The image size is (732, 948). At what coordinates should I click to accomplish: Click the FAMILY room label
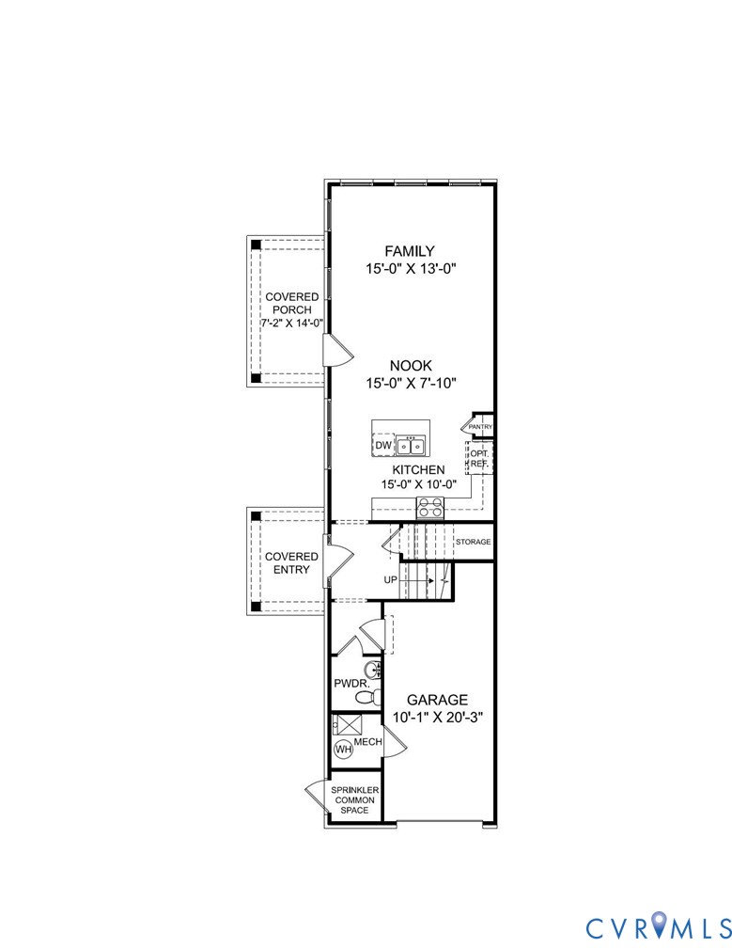pos(409,251)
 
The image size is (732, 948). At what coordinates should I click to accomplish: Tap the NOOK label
pos(410,365)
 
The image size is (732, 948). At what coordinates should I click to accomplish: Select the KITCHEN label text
pos(418,468)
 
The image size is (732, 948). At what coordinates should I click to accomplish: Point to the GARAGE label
pos(437,700)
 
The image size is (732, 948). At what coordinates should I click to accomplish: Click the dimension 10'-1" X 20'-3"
pos(437,718)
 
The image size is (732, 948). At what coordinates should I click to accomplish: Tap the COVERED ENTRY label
pos(290,562)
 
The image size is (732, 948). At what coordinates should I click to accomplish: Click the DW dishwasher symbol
pos(383,445)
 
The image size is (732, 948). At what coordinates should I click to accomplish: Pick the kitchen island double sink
pos(411,445)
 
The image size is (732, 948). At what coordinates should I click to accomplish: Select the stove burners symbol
pos(431,508)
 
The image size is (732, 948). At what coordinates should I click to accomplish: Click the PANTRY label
pos(480,427)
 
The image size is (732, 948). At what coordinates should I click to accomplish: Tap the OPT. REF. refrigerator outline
pos(478,458)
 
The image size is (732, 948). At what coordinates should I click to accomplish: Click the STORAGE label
pos(473,543)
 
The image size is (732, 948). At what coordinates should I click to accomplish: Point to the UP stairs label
pos(390,580)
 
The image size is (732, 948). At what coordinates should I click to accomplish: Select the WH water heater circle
pos(344,750)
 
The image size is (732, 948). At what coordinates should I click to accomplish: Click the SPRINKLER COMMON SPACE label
pos(355,799)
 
